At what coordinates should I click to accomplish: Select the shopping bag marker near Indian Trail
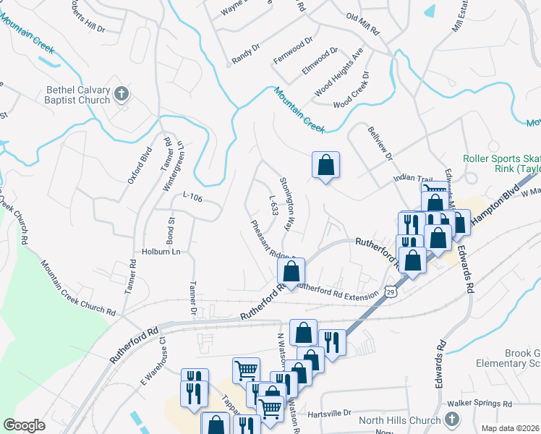point(325,165)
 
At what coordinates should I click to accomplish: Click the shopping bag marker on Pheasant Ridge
point(291,272)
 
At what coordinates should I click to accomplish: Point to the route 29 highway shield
point(391,291)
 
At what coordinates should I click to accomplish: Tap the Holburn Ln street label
point(160,252)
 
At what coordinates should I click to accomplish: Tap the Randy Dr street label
point(245,51)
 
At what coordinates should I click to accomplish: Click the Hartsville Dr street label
point(328,413)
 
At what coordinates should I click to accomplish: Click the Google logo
point(24,425)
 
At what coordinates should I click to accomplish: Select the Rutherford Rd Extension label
point(338,292)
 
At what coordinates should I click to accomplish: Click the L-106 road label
point(191,195)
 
